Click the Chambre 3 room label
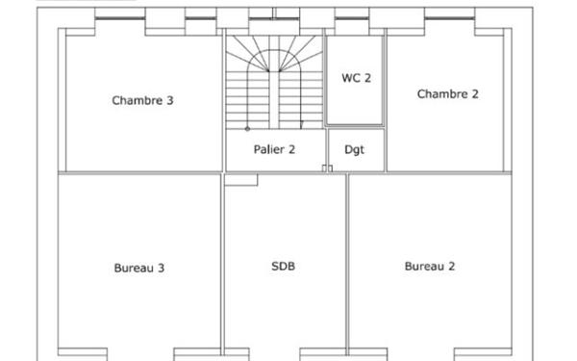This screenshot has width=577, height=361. coord(142,100)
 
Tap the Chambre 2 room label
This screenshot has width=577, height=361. coord(447,94)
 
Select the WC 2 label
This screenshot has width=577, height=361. coord(356,78)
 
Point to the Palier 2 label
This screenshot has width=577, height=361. coord(274,149)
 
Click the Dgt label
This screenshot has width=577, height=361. coord(354,149)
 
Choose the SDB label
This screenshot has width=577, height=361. coord(283,266)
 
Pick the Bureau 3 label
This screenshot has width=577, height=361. coord(139,268)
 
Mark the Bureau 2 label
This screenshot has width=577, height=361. coord(430,266)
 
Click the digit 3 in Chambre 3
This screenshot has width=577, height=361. coord(169,100)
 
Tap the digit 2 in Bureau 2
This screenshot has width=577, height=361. coord(452,266)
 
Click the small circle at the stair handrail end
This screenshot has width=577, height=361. coord(247,129)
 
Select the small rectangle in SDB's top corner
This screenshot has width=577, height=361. coord(241,180)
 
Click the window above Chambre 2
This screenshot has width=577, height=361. coord(450,17)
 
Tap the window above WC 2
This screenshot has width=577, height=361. coord(352,17)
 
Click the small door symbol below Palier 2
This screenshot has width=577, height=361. coord(327,168)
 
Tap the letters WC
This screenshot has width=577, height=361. coord(351,78)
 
